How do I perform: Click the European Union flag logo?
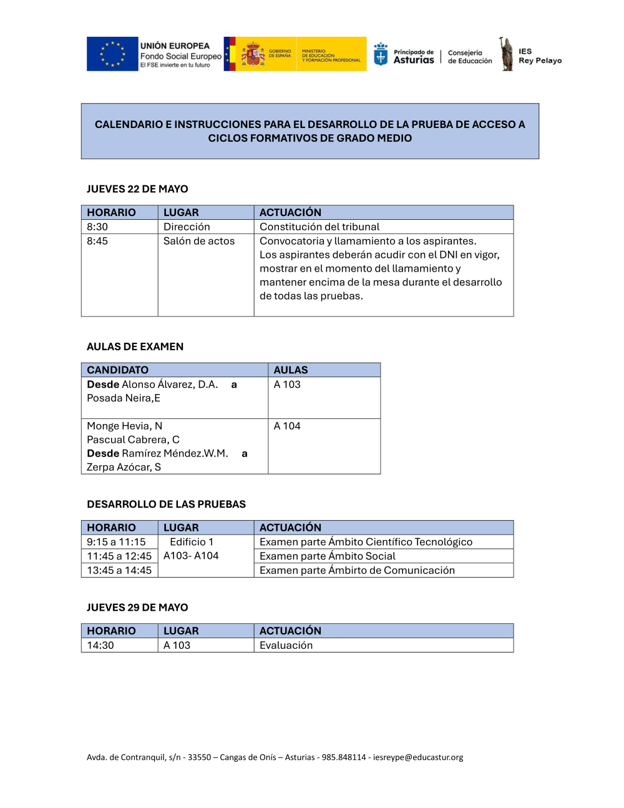pos(112,54)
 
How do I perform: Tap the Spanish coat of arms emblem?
pos(253,54)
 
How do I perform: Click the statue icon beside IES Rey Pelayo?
pos(506,54)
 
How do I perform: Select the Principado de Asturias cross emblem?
pos(381,55)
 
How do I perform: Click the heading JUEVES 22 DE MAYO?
pos(137,189)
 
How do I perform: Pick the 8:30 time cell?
pos(97,227)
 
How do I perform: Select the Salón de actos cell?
pos(199,241)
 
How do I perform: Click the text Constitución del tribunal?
pos(319,227)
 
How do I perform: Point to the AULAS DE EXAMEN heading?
pos(135,347)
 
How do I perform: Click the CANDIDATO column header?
pos(117,370)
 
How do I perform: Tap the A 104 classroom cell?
pos(287,426)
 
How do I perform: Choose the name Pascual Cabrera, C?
pos(133,440)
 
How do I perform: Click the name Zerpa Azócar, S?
pos(124,467)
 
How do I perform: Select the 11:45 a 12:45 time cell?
pos(119,556)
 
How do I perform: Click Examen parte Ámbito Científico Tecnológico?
pos(366,542)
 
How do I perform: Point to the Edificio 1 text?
pos(192,542)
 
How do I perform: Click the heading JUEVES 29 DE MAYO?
pos(137,608)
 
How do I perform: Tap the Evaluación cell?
pos(286,646)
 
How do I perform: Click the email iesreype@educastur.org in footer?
pos(418,757)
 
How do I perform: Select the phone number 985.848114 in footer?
pos(344,757)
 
